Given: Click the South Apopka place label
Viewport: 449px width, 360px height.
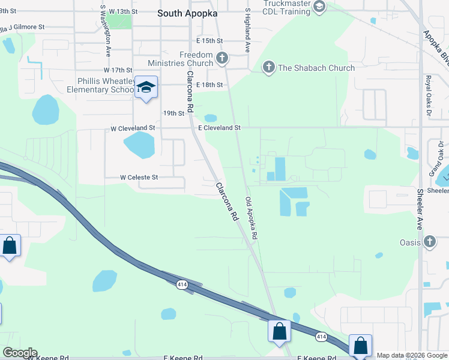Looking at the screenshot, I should [x=187, y=13].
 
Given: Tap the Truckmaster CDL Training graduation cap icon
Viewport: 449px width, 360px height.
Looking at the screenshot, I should [x=319, y=7].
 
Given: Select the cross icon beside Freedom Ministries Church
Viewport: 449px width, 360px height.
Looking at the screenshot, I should [x=222, y=58].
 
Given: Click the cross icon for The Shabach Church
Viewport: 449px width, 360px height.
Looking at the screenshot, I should [x=268, y=67].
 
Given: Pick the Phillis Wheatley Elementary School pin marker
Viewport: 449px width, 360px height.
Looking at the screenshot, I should [x=146, y=88].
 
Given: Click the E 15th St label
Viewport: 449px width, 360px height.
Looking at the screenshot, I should [x=209, y=41].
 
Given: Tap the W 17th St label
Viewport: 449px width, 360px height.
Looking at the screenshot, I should [x=117, y=70].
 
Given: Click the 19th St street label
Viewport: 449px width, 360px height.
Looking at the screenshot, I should [x=173, y=113].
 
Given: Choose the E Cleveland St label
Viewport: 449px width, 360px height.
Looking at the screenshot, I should [x=219, y=128].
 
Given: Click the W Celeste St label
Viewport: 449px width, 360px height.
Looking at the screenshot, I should [x=139, y=178].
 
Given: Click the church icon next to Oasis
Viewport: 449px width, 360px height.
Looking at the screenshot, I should [x=429, y=242].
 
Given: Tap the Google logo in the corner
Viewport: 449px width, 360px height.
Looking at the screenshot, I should [x=19, y=353].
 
